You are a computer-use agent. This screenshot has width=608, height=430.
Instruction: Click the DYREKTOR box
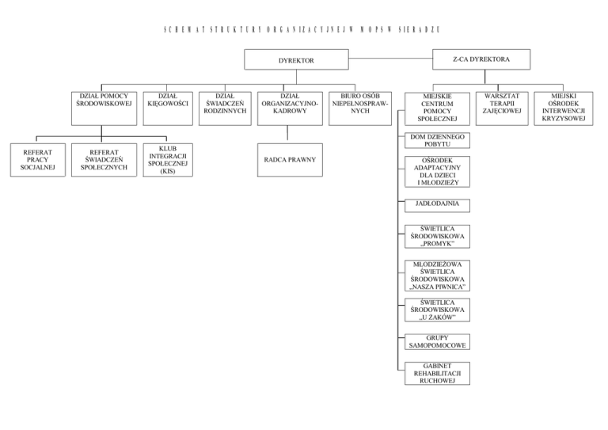(x=296, y=59)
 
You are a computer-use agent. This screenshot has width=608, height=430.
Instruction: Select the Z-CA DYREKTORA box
(x=481, y=59)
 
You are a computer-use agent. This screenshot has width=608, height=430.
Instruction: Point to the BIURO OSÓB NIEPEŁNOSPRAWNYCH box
(x=359, y=103)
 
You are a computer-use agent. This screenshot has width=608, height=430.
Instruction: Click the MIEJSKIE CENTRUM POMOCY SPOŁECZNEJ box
(x=437, y=110)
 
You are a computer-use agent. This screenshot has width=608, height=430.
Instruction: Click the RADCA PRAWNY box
(x=291, y=160)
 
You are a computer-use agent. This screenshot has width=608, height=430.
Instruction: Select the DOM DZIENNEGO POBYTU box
(x=436, y=141)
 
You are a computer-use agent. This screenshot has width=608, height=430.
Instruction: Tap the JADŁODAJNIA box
(x=436, y=205)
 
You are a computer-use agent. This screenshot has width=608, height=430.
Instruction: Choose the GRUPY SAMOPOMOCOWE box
(x=436, y=342)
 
